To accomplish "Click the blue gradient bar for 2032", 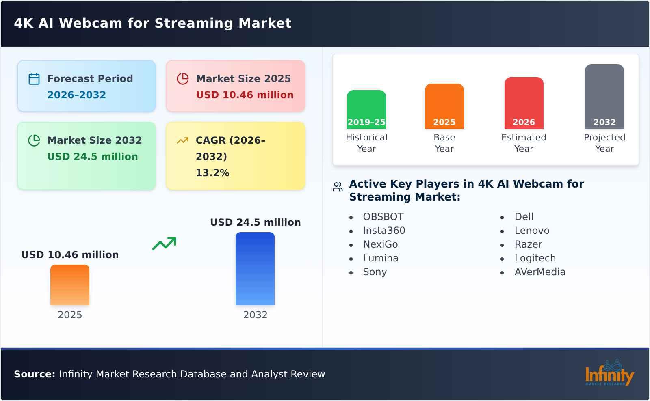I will click(x=255, y=268).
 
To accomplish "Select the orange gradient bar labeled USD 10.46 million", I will click(x=70, y=285).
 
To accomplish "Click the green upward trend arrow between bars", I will click(x=164, y=244).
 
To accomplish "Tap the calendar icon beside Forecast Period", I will click(x=34, y=79).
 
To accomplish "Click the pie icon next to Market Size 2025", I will click(x=183, y=79).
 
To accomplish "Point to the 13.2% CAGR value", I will click(x=212, y=173).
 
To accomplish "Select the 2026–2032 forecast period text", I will click(x=76, y=95).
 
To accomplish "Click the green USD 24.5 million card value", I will click(x=93, y=157).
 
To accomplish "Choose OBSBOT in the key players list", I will click(x=383, y=217).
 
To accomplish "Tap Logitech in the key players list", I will click(x=535, y=258).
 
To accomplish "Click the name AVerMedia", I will click(x=540, y=272).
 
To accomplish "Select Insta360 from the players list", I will click(x=384, y=231).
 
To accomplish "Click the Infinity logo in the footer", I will click(x=609, y=374).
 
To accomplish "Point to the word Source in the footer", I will click(x=34, y=374).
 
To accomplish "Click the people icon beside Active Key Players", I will click(x=338, y=187).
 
